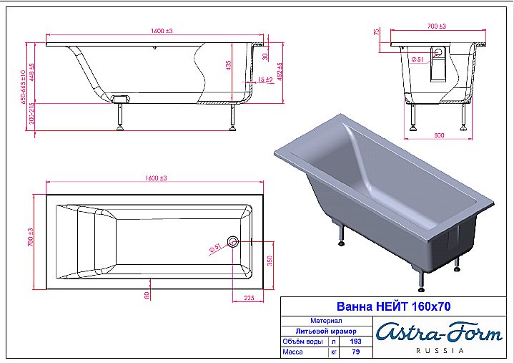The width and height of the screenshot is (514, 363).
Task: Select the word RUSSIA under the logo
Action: [439, 351]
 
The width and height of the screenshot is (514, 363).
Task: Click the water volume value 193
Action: [355, 342]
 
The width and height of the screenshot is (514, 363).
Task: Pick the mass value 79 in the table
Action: [355, 352]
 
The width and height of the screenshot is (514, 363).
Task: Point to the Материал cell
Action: [326, 321]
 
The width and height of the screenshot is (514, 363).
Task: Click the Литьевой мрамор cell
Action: [326, 331]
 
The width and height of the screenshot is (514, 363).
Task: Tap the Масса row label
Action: [293, 352]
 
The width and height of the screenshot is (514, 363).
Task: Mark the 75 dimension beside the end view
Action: [376, 34]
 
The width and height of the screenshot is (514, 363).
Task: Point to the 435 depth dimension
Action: [229, 65]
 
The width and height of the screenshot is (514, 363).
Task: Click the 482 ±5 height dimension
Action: [280, 71]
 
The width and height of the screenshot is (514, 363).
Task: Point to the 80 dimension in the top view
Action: [147, 294]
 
